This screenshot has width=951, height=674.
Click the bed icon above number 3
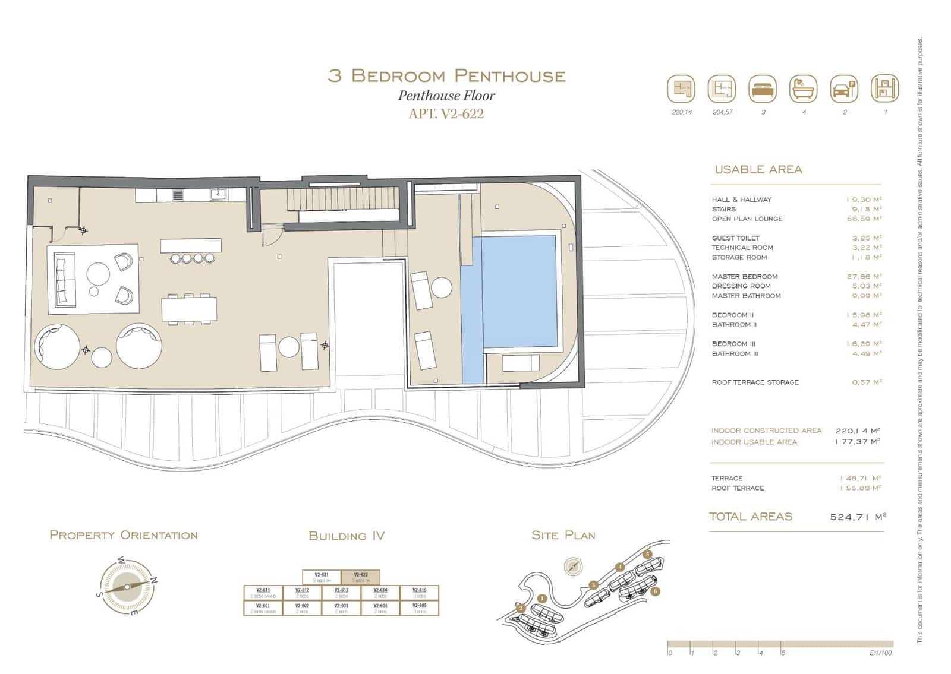(x=763, y=90)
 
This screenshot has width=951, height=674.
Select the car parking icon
(x=844, y=90)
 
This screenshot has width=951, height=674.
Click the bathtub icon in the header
(x=803, y=90)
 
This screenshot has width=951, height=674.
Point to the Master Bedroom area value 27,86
(x=864, y=276)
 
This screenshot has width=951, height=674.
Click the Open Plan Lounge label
(x=747, y=219)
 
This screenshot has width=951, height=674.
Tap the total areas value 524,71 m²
(x=857, y=517)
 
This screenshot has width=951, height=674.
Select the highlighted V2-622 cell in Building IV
(x=360, y=577)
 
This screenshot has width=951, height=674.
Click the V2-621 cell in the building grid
(x=322, y=577)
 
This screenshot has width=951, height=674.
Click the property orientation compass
(x=126, y=587)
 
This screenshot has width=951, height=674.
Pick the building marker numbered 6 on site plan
(x=655, y=591)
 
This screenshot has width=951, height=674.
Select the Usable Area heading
(x=758, y=170)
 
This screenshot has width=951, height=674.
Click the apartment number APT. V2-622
(x=446, y=114)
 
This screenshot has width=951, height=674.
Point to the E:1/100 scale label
(x=880, y=653)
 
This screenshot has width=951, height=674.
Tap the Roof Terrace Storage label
(x=755, y=382)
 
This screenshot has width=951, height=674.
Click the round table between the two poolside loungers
(x=441, y=287)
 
